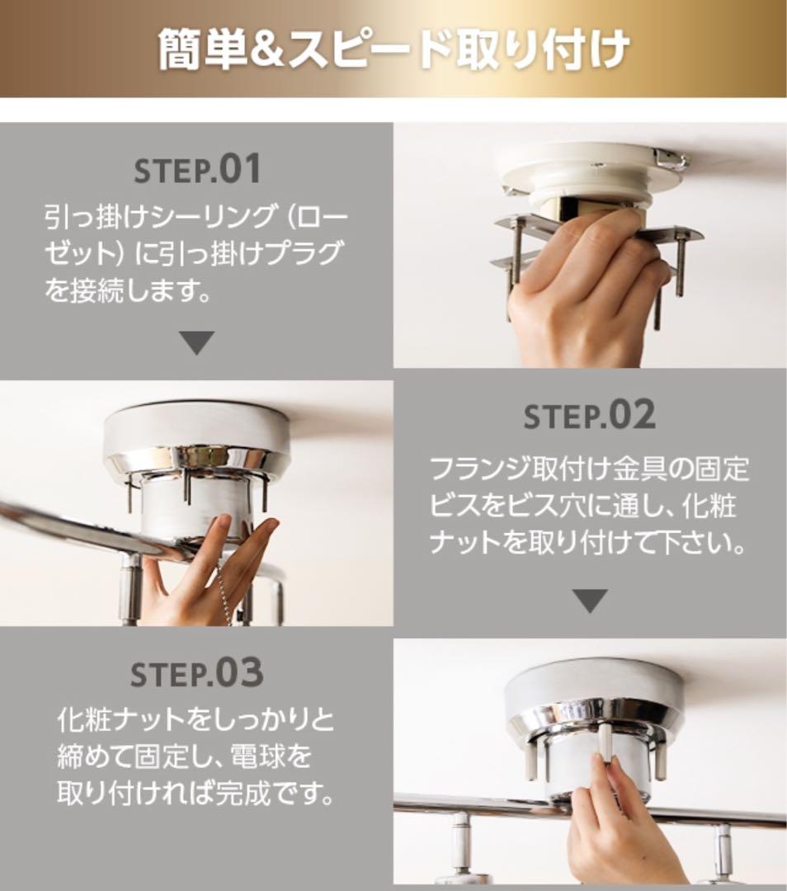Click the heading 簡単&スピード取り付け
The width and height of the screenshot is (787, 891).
coord(393,49)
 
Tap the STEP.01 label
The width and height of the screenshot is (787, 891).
coord(198,169)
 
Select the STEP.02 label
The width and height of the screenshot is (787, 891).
coord(589,416)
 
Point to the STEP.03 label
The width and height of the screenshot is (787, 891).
coord(196,673)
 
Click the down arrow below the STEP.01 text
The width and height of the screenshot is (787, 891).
coord(196,342)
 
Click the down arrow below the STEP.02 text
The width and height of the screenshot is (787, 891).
coord(590,601)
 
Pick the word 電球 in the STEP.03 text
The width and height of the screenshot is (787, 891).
coord(256,757)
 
